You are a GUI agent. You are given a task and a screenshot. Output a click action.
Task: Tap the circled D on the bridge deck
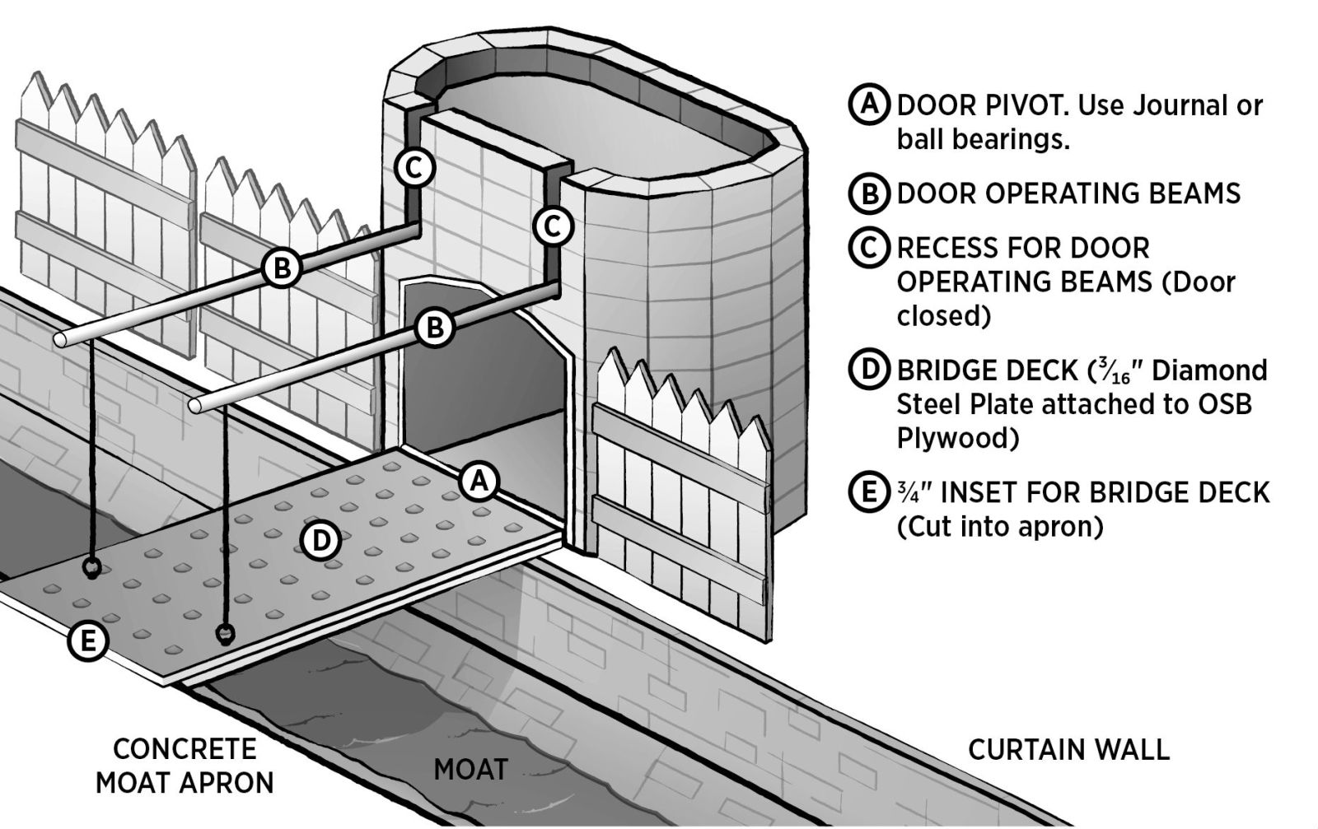321,540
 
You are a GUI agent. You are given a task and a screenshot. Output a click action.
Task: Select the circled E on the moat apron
87,640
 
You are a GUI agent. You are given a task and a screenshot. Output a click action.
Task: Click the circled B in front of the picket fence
282,268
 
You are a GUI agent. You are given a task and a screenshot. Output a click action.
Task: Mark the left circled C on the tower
414,168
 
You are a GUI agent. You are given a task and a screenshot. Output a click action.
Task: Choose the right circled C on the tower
552,225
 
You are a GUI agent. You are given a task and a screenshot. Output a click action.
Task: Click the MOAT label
470,770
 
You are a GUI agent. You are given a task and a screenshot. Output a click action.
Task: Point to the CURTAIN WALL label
1068,750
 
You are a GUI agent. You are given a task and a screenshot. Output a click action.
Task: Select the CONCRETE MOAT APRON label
185,766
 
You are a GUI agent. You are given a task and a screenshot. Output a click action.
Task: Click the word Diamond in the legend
1209,370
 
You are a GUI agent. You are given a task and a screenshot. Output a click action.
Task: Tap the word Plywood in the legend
957,438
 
